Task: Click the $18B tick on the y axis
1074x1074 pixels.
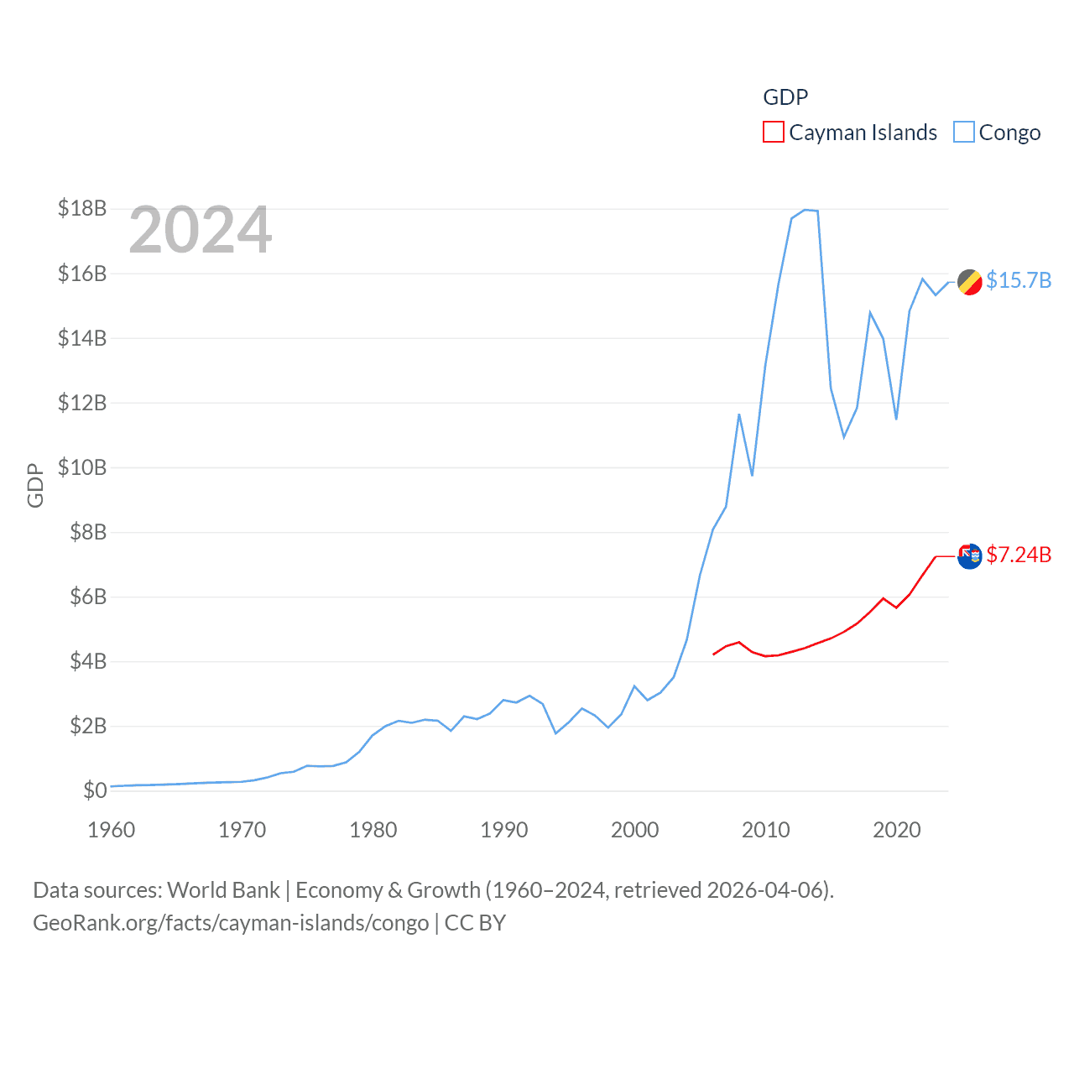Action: tap(82, 208)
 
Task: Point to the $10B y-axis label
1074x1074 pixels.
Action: tap(82, 467)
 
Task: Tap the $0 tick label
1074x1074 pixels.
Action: tap(95, 790)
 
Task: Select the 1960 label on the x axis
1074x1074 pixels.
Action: tap(112, 830)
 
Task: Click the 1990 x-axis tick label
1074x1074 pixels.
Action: tap(503, 830)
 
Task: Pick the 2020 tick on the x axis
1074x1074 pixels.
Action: tap(896, 830)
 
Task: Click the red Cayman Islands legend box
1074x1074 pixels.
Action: tap(773, 133)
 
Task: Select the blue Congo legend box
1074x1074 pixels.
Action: tap(964, 133)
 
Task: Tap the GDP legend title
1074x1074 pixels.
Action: tap(785, 97)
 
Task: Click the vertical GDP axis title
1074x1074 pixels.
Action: tap(35, 485)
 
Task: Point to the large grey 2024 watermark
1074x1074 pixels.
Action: tap(201, 230)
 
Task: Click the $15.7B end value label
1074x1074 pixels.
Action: tap(1019, 280)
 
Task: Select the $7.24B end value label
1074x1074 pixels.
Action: tap(1019, 555)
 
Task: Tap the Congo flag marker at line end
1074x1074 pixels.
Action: tap(970, 283)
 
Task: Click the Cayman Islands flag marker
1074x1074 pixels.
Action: tap(970, 555)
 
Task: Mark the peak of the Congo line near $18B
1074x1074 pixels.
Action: tap(805, 210)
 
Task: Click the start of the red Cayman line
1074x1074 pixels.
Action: tap(713, 654)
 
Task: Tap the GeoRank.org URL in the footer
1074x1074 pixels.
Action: tap(231, 923)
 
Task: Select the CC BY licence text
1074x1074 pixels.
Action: tap(475, 923)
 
